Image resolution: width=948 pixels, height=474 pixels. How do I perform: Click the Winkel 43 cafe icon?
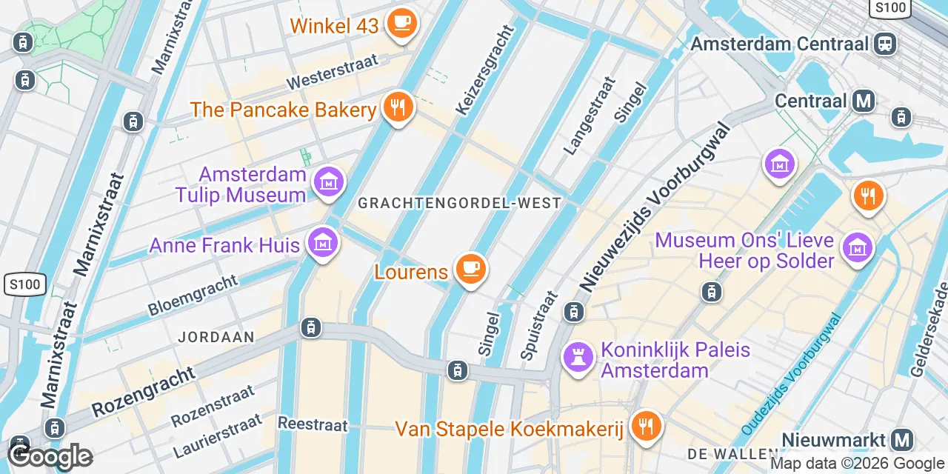click(x=403, y=23)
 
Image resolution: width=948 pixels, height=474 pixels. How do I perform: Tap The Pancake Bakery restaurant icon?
click(x=398, y=108)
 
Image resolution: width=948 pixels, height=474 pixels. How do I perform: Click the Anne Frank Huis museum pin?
click(x=322, y=242)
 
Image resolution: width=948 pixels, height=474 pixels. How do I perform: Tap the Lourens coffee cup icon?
click(x=470, y=268)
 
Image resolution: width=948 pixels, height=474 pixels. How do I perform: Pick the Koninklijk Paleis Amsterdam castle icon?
click(x=578, y=358)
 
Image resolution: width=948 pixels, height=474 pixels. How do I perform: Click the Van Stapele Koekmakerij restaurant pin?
click(x=646, y=427)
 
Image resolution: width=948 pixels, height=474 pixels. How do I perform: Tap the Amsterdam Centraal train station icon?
click(x=884, y=43)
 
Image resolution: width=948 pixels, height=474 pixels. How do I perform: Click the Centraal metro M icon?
click(x=863, y=100)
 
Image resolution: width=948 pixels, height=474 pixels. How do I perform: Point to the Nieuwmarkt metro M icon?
click(x=901, y=440)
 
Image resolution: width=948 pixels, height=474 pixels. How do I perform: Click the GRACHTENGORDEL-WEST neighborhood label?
click(x=459, y=203)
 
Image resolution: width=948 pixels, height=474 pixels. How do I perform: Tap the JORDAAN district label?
click(x=216, y=337)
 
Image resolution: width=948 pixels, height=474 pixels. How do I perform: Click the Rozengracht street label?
click(x=144, y=393)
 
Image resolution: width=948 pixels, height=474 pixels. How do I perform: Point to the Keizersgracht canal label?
click(x=485, y=71)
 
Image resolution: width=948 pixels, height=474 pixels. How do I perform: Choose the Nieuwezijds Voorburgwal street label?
click(x=655, y=207)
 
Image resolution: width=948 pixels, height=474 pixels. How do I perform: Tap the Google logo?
click(x=50, y=456)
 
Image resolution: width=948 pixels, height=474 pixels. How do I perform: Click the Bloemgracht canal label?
click(x=193, y=296)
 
